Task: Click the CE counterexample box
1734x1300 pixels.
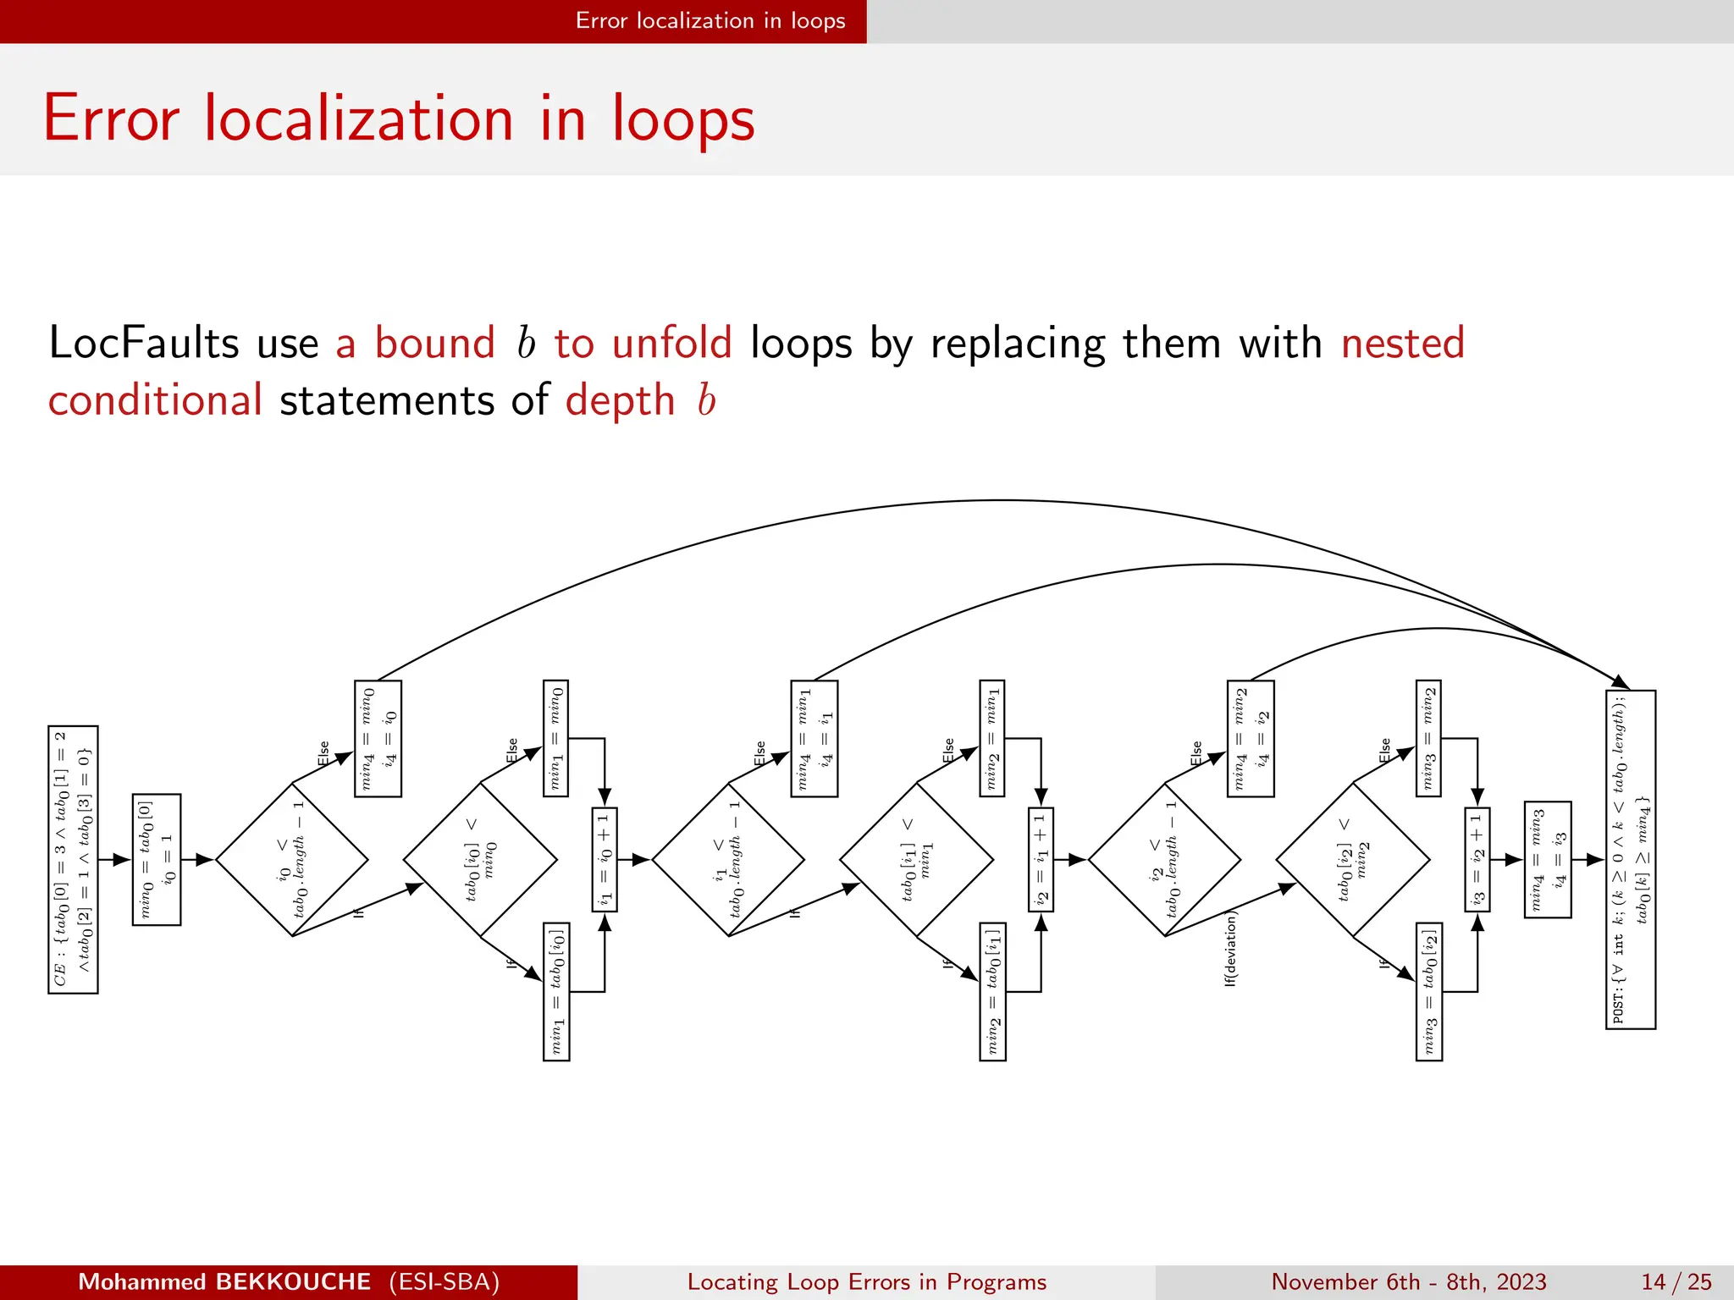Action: [73, 859]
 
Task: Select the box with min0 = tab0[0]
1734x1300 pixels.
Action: [157, 859]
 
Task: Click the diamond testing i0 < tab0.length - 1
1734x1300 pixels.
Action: [292, 859]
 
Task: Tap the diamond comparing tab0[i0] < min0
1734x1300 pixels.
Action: [480, 859]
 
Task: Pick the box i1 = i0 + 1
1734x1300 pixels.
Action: [605, 859]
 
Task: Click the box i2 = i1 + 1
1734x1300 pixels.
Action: [1041, 859]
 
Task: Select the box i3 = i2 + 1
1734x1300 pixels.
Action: [1477, 859]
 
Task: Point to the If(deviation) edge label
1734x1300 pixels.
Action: [1231, 949]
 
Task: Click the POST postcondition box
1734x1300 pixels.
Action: [1630, 859]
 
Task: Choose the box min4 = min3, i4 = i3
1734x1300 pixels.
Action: [1548, 859]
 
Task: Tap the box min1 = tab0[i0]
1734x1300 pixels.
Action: [556, 991]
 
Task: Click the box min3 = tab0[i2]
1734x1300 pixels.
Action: [1429, 991]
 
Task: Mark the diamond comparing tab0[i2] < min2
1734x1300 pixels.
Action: [1353, 859]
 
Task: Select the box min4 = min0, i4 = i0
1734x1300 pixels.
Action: [378, 738]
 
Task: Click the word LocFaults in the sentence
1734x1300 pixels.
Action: [144, 344]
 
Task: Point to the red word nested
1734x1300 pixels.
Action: [1402, 344]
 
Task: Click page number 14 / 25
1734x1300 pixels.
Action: [1676, 1281]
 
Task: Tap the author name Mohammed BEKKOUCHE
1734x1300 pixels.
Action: [224, 1281]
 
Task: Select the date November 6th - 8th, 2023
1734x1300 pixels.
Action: [1408, 1281]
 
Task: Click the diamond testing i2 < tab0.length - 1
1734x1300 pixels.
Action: [1165, 859]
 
